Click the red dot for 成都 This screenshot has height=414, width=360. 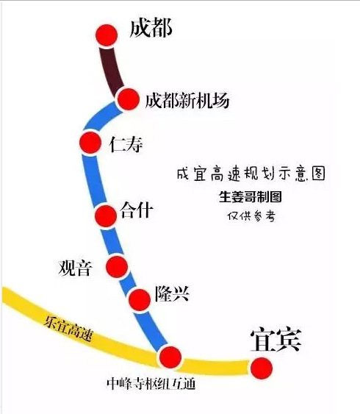[x=107, y=35]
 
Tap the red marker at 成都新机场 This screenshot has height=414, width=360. [x=128, y=99]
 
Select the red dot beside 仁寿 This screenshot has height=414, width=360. [x=90, y=143]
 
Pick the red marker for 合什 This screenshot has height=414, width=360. [x=106, y=215]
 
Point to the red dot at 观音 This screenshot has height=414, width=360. [x=117, y=266]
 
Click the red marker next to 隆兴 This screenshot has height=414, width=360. [x=140, y=300]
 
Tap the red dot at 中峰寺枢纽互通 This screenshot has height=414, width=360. [x=170, y=357]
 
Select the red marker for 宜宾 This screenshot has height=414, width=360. [x=262, y=368]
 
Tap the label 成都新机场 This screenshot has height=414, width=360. [x=187, y=100]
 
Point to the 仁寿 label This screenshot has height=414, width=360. [x=126, y=144]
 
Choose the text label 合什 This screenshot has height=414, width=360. [x=137, y=210]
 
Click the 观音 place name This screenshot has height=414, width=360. [x=76, y=268]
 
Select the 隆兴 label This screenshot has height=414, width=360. [x=172, y=293]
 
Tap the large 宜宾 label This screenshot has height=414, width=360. [x=276, y=340]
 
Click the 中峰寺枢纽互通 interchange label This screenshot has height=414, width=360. [x=151, y=384]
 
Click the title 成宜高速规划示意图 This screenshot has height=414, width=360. [x=251, y=174]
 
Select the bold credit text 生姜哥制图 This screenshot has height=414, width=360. [x=251, y=196]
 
